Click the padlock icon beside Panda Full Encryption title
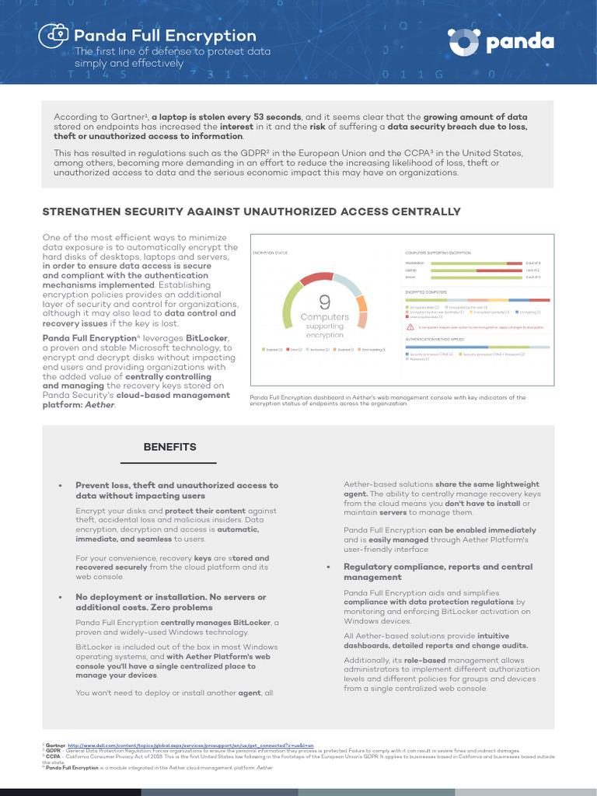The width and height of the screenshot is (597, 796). (x=55, y=35)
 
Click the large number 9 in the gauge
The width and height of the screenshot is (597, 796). (x=324, y=302)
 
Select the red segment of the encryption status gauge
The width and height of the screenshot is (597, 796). (x=316, y=278)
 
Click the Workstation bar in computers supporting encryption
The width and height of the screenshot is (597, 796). (x=475, y=264)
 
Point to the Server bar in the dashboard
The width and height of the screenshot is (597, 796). (x=475, y=277)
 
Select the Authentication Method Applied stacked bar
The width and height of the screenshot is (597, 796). (x=477, y=347)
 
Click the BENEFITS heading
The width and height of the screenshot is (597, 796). (x=169, y=447)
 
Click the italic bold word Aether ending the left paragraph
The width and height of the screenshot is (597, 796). (x=99, y=405)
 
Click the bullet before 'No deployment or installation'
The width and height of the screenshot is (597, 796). (x=60, y=597)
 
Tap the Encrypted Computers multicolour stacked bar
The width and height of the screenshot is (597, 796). (x=477, y=300)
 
